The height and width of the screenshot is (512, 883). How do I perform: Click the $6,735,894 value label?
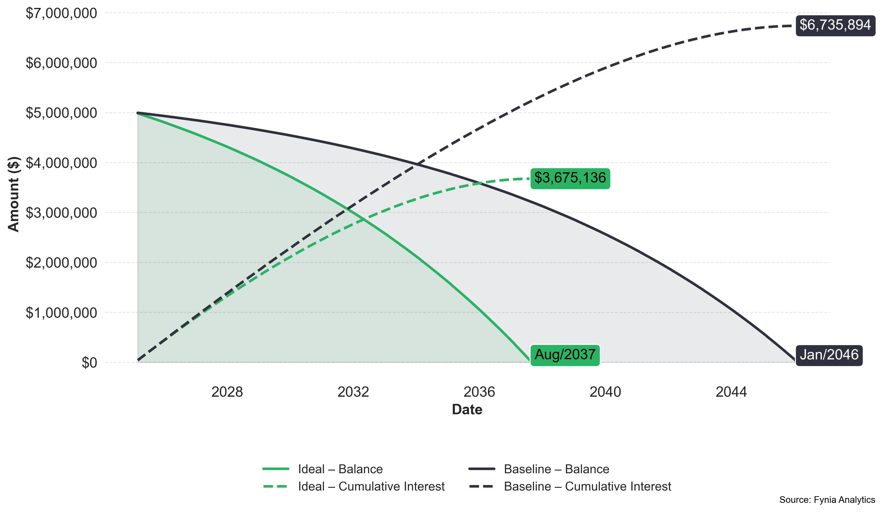(835, 25)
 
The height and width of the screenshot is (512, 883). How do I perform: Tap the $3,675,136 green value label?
(570, 178)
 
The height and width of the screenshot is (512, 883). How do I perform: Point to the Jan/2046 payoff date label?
(829, 355)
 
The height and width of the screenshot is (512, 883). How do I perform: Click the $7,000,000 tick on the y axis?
(61, 13)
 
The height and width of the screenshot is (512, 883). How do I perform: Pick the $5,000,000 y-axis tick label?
(61, 113)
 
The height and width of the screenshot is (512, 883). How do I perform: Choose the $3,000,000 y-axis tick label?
(61, 213)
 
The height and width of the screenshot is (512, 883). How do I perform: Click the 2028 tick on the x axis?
(227, 392)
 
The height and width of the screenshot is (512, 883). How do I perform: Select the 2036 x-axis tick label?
(479, 392)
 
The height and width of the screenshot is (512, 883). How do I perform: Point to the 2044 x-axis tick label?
(731, 392)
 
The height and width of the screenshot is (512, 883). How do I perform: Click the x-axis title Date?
(467, 410)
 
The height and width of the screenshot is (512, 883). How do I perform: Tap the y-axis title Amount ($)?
(13, 194)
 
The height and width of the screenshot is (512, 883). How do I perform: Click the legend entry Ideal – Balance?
(340, 469)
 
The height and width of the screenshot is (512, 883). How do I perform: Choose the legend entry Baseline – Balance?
(556, 469)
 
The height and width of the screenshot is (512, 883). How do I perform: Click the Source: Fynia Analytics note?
(827, 500)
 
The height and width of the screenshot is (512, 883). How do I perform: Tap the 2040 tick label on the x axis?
(605, 392)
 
